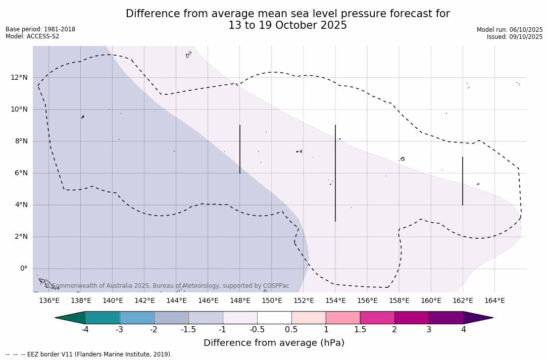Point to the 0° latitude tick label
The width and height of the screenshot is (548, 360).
click(x=23, y=269)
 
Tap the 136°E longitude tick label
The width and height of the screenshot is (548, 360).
click(x=49, y=301)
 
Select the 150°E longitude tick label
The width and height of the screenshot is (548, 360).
click(x=272, y=301)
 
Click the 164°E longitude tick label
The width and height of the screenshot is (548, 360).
click(x=494, y=301)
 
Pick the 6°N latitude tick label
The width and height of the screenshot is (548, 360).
click(x=21, y=173)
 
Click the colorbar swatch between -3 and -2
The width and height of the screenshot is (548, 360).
click(x=137, y=318)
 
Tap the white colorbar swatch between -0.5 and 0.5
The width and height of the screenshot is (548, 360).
click(x=274, y=318)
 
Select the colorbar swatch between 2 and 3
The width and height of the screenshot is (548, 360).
click(x=412, y=318)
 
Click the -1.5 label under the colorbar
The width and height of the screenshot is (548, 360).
click(x=188, y=330)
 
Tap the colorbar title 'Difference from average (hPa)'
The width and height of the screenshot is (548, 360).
click(x=274, y=343)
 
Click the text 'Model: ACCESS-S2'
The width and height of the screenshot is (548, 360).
click(x=32, y=36)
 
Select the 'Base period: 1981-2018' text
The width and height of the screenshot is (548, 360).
click(x=40, y=29)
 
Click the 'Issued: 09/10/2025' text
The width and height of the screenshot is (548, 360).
click(x=515, y=37)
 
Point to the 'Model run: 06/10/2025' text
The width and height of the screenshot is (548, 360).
click(x=510, y=30)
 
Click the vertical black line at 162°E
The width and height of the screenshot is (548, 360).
click(x=463, y=181)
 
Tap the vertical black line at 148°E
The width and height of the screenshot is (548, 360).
click(x=240, y=149)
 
